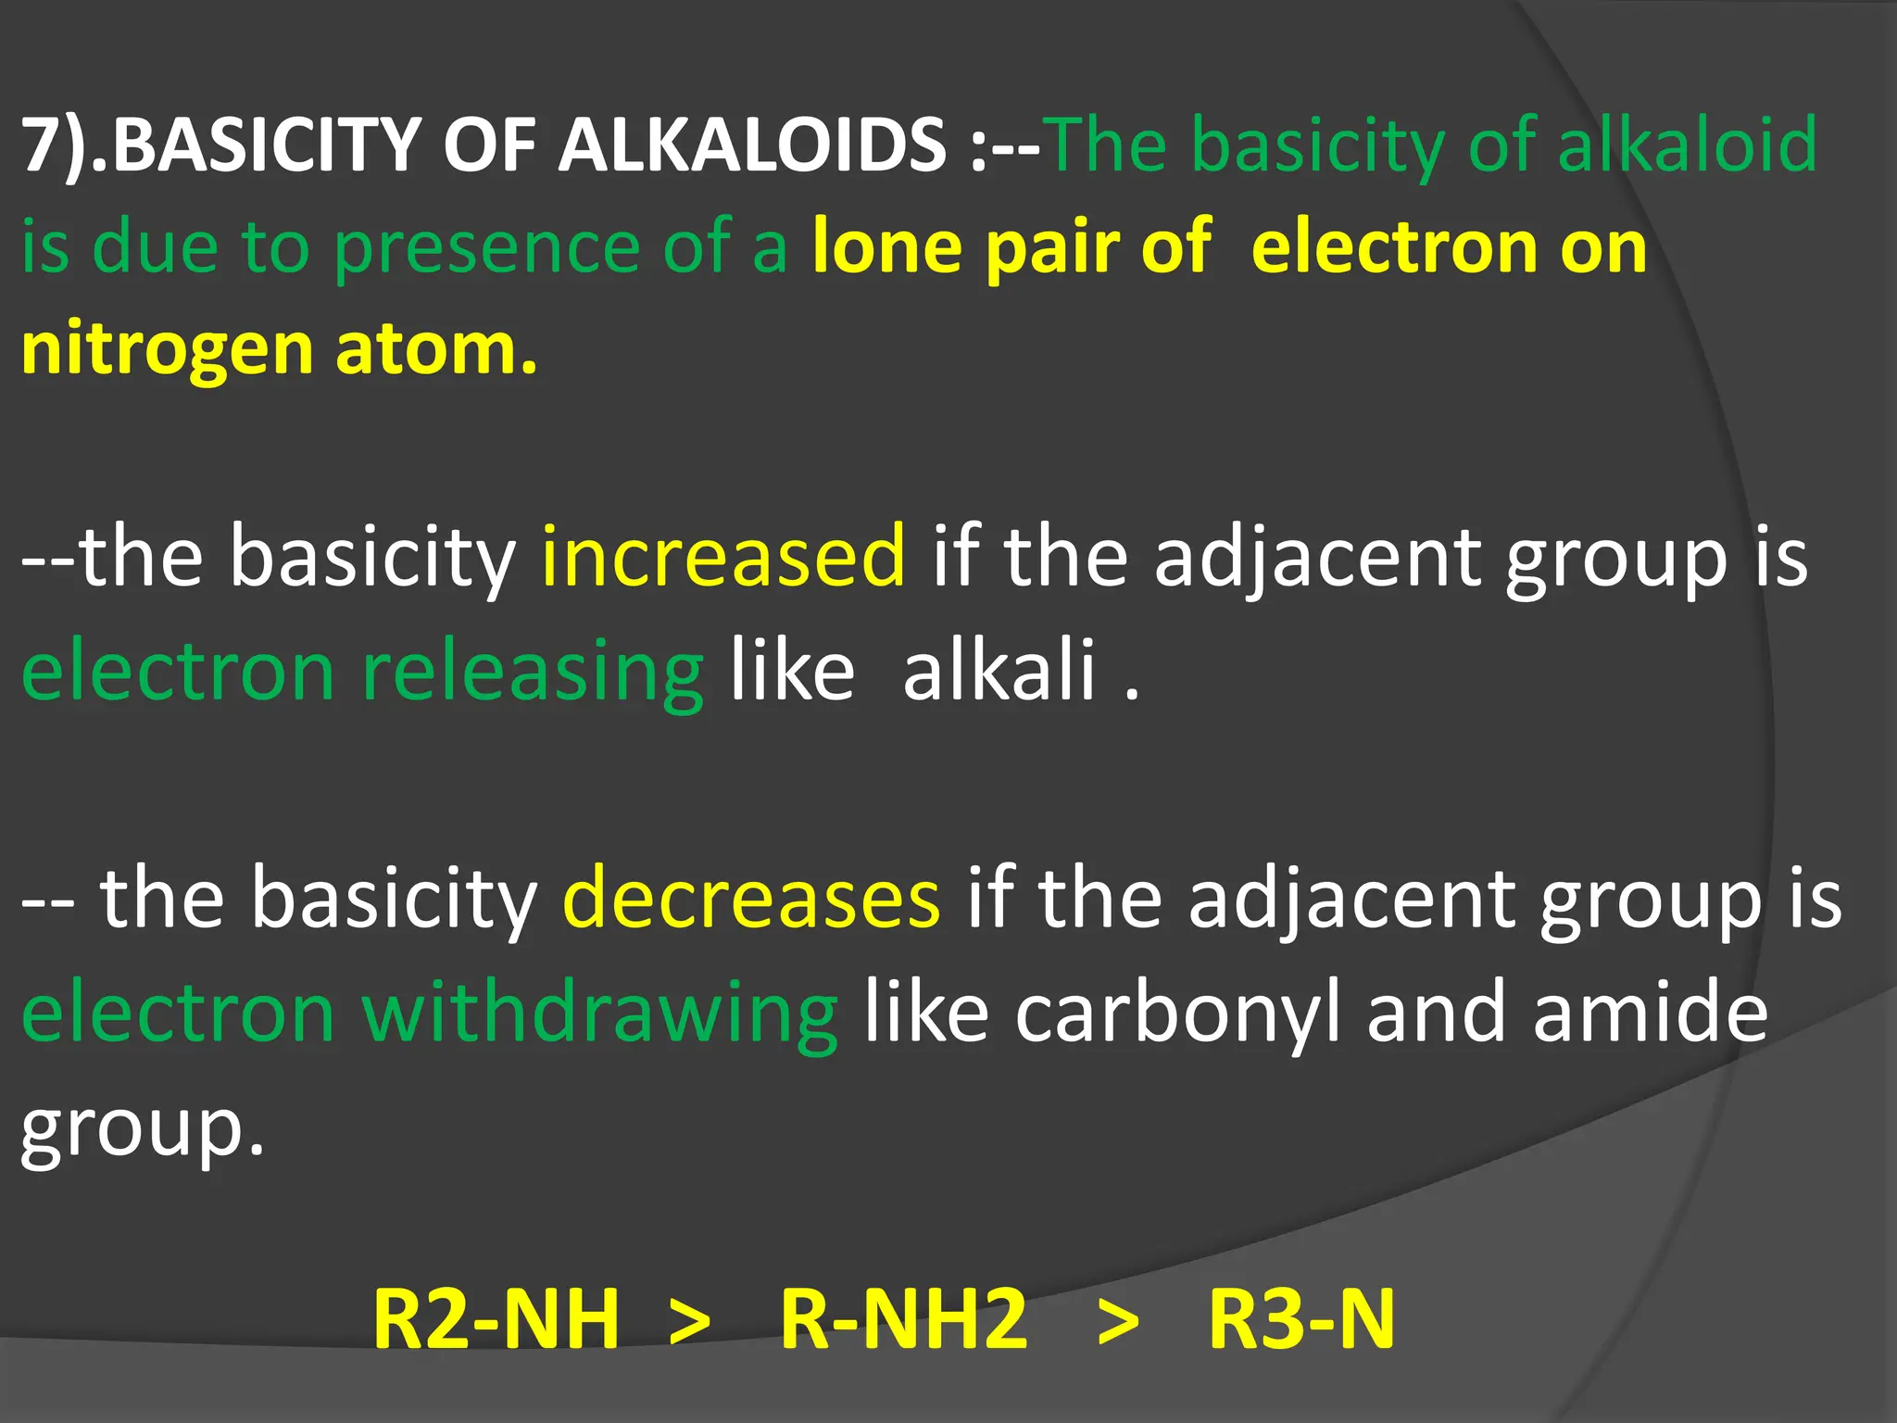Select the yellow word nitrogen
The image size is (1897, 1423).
(x=167, y=350)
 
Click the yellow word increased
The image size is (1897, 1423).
(x=723, y=556)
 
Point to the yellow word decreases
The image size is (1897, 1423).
(x=751, y=897)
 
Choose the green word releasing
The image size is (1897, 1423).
(x=533, y=671)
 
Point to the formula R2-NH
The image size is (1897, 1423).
(x=496, y=1319)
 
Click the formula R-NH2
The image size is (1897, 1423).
(x=904, y=1319)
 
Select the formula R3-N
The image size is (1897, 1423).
(x=1301, y=1319)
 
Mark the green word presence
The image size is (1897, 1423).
(x=487, y=248)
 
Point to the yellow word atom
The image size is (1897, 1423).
(x=435, y=350)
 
